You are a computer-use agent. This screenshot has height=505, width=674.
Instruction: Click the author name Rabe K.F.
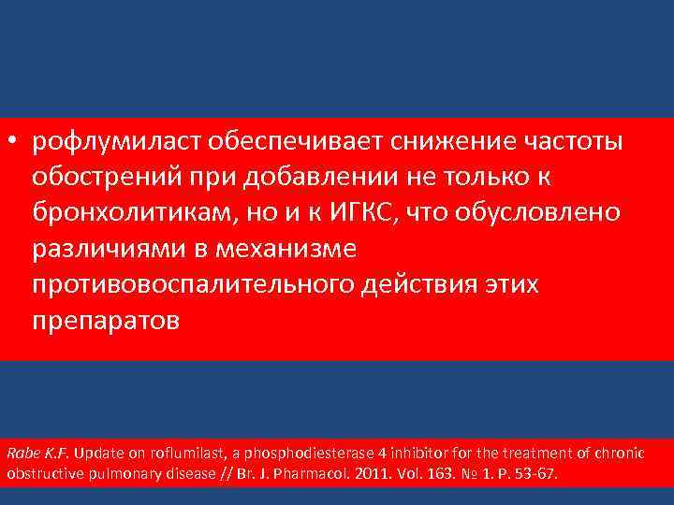click(38, 454)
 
